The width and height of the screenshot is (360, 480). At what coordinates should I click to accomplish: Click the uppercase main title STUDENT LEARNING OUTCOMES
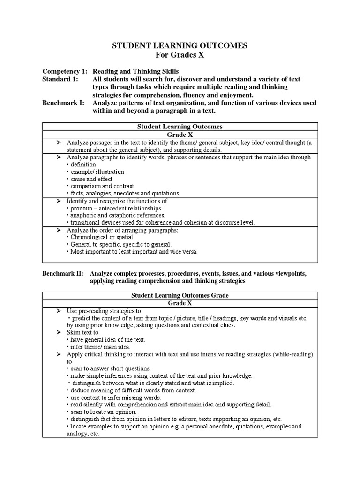[180, 45]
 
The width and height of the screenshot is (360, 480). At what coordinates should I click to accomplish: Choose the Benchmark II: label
[64, 273]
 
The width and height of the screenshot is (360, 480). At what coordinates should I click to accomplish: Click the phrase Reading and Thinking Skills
[135, 71]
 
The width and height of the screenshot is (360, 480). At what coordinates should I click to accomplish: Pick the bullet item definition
[83, 165]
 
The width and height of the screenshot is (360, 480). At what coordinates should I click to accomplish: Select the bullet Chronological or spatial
[98, 237]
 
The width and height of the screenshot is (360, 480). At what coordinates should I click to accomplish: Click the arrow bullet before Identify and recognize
[59, 201]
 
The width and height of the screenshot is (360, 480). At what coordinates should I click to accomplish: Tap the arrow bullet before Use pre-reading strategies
[59, 311]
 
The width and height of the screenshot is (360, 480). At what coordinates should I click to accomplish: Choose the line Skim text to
[82, 332]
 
